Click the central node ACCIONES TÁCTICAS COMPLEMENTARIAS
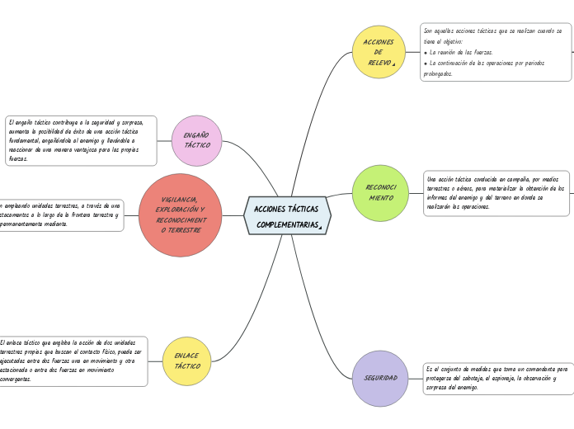click(x=287, y=215)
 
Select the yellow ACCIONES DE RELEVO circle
click(x=379, y=52)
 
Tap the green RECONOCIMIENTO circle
click(x=380, y=193)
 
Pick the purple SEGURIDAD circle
click(x=380, y=378)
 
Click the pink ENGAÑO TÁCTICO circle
click(x=196, y=140)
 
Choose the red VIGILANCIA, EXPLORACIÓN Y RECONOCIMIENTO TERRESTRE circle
click(x=180, y=215)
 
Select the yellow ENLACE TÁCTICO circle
click(x=187, y=361)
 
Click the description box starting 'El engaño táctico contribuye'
click(x=81, y=140)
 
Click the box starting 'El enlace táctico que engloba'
click(x=73, y=361)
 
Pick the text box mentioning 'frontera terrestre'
click(x=59, y=214)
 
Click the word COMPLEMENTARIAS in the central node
click(x=286, y=224)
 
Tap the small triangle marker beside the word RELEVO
click(x=394, y=64)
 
